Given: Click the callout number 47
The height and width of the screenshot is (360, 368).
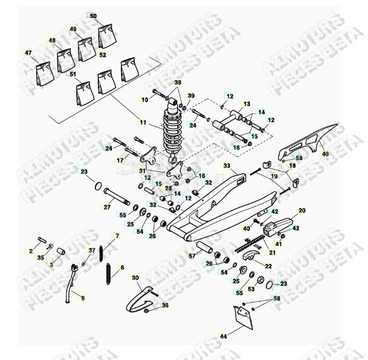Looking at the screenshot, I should [x=28, y=52].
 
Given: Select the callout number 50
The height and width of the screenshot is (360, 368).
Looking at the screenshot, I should [x=93, y=16].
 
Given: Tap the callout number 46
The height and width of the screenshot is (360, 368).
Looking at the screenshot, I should [x=325, y=154].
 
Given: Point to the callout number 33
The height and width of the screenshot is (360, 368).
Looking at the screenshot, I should [x=226, y=166].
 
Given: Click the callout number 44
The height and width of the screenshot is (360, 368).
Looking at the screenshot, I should [x=223, y=336].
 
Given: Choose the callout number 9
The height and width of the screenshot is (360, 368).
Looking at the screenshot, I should [x=83, y=298].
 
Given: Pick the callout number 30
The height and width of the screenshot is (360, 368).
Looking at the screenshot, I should [x=135, y=278].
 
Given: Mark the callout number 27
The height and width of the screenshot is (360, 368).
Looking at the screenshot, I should [x=107, y=206].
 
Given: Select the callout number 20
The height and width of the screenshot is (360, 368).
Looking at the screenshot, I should [x=302, y=210].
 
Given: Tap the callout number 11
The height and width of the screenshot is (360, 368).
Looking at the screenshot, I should [x=142, y=122].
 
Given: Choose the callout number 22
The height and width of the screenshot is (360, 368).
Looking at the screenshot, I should [x=268, y=266].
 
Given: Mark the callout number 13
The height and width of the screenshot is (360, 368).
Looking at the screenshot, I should [x=246, y=104].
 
